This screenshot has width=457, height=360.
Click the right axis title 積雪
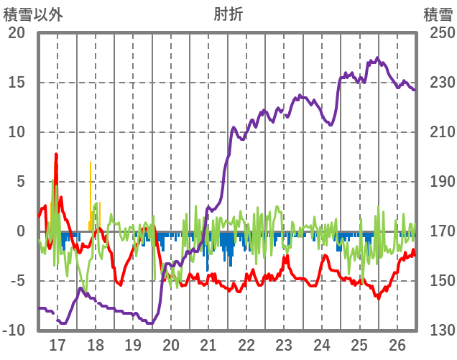pos(438,14)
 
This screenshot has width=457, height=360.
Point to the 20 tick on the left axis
pos(17,33)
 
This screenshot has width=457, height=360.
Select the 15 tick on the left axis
pos(17,83)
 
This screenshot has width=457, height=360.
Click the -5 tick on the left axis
pos(17,281)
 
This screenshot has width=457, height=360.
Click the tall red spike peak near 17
pos(56,154)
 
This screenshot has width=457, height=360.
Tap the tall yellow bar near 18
pos(91,164)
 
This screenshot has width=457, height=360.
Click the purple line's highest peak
pos(377,58)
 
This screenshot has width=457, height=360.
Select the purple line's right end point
pos(415,90)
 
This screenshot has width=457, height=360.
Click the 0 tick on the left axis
pos(21,231)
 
